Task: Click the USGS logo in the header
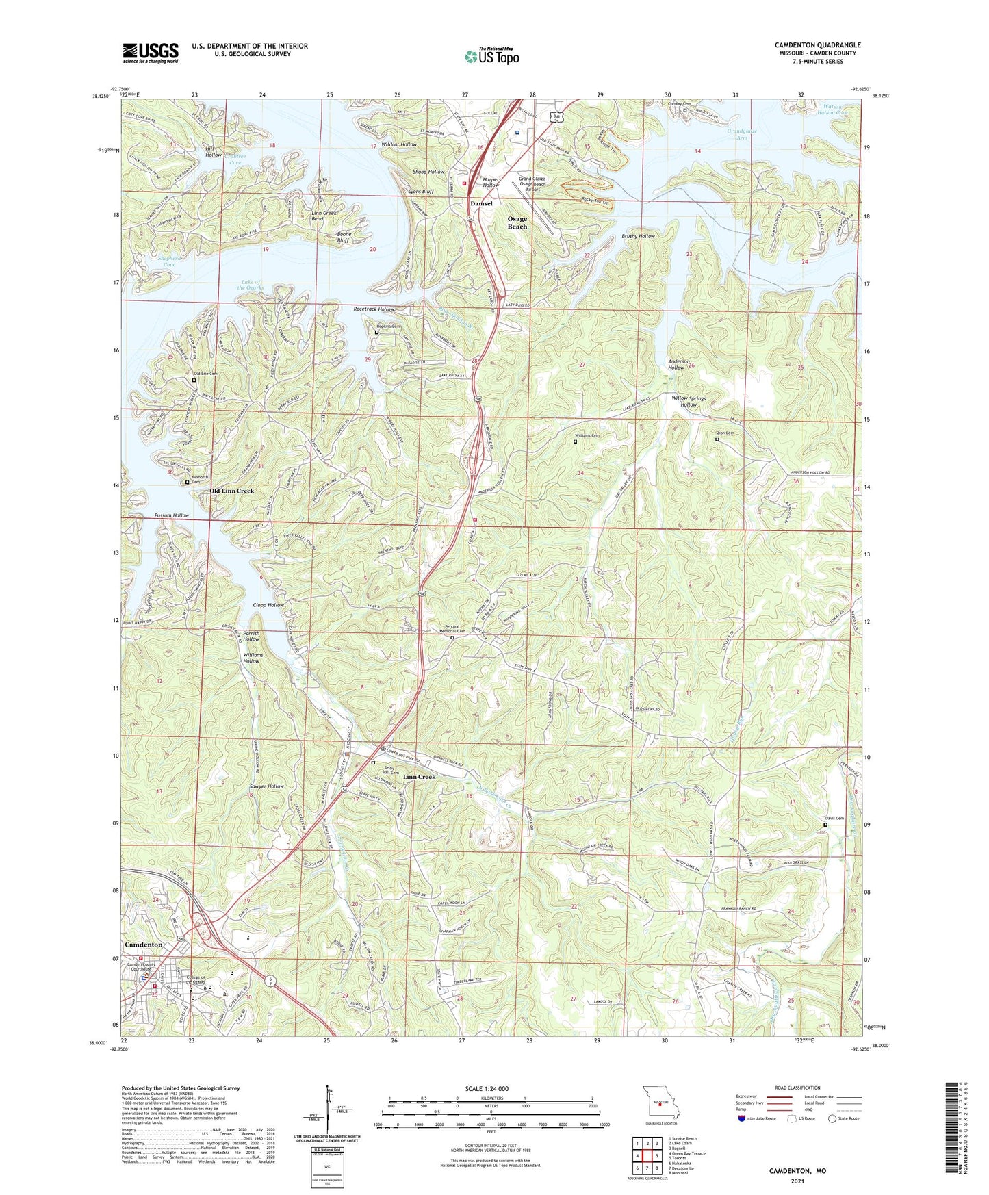pyautogui.click(x=151, y=53)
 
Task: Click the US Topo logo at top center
pyautogui.click(x=491, y=56)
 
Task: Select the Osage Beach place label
pyautogui.click(x=517, y=222)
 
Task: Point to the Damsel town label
pyautogui.click(x=481, y=203)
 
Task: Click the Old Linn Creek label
pyautogui.click(x=231, y=491)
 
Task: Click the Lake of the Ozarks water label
pyautogui.click(x=250, y=285)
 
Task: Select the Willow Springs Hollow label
pyautogui.click(x=689, y=401)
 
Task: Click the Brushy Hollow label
pyautogui.click(x=638, y=236)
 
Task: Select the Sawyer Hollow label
pyautogui.click(x=266, y=786)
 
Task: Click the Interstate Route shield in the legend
pyautogui.click(x=742, y=1118)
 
